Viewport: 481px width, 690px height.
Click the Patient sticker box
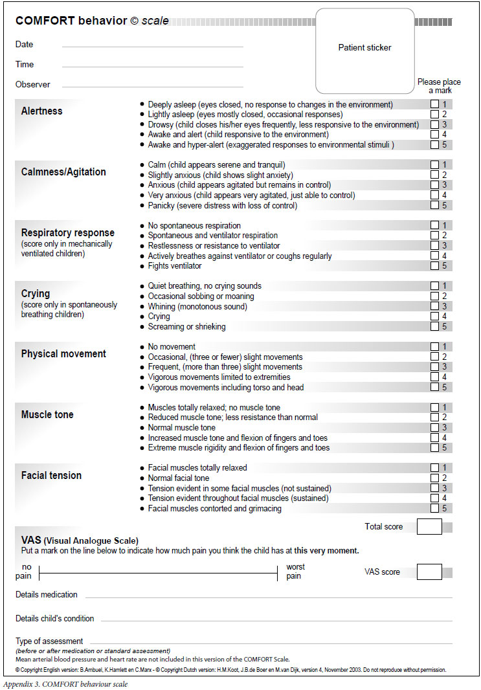pos(364,50)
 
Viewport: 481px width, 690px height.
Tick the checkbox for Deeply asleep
pos(434,104)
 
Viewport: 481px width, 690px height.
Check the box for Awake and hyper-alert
pos(434,145)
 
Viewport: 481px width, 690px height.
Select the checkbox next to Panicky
pos(434,206)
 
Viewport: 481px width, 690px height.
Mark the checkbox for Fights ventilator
pos(434,266)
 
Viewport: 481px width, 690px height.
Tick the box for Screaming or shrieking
pos(434,327)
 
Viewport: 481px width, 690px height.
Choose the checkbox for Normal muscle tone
pos(434,428)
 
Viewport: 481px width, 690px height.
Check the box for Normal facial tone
pos(434,478)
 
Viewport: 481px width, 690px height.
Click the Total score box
pos(429,526)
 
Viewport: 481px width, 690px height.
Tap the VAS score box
pos(429,572)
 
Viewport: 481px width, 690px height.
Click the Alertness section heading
pos(42,111)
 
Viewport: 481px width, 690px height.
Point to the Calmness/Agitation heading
pos(63,172)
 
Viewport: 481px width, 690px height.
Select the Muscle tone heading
pos(47,415)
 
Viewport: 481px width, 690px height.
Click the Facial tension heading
pos(52,476)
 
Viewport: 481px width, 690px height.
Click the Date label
pos(25,45)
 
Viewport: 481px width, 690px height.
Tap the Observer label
pos(33,85)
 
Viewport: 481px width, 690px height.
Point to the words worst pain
pos(295,572)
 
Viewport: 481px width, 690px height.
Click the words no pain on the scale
pos(24,572)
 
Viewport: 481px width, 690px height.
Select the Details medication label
pos(47,595)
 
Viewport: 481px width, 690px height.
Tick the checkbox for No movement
pos(434,347)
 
